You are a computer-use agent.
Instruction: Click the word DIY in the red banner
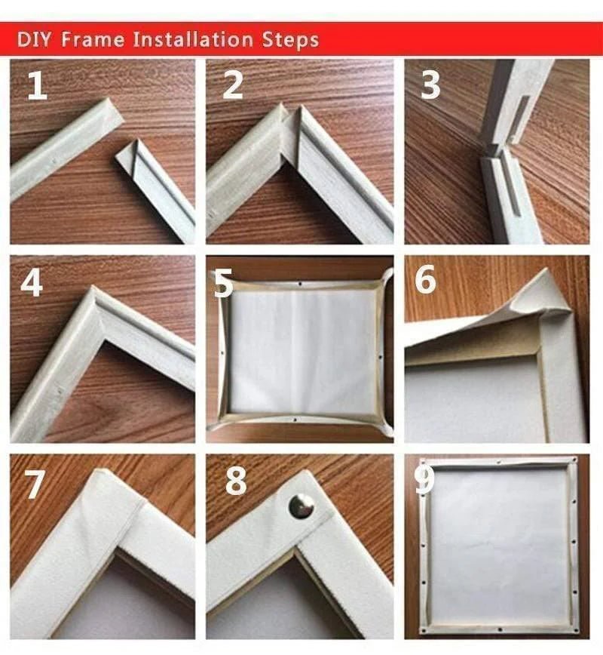(34, 39)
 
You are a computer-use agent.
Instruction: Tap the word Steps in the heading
(289, 39)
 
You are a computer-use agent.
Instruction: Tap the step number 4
(32, 282)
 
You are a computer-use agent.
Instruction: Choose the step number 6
(426, 281)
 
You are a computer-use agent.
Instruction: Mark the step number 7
(35, 484)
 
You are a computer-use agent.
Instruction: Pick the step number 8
(235, 481)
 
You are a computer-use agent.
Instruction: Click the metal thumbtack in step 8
(301, 506)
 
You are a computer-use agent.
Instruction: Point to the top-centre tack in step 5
(299, 285)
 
